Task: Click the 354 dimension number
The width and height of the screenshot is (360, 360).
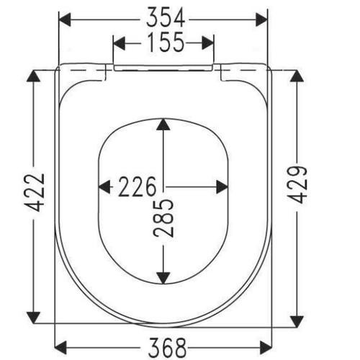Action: click(166, 17)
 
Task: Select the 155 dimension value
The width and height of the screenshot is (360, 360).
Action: click(166, 42)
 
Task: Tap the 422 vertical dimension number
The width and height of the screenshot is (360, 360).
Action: click(35, 193)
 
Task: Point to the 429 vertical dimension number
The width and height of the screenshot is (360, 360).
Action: click(298, 184)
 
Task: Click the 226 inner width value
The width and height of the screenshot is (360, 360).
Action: click(137, 186)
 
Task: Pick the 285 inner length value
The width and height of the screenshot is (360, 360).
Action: click(163, 218)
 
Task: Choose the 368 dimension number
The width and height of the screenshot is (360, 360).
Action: click(167, 347)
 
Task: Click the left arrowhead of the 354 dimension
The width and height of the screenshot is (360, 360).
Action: click(65, 19)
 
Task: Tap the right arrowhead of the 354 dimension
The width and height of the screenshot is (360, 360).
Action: click(261, 19)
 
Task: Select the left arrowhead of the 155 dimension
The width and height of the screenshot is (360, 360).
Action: click(120, 43)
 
